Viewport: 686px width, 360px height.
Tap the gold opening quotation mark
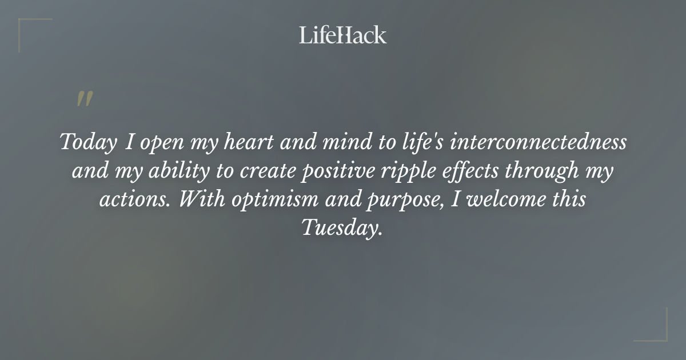coord(85,99)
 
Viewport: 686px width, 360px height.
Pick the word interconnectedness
coord(538,142)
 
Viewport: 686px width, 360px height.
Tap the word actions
coord(129,199)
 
